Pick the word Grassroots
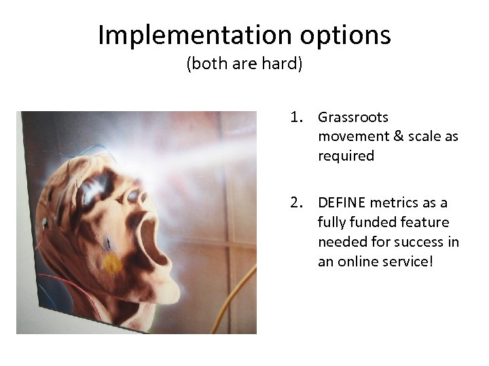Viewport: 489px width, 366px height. pyautogui.click(x=353, y=118)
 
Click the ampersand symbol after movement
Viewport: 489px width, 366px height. pyautogui.click(x=398, y=136)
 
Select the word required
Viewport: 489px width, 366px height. pyautogui.click(x=346, y=156)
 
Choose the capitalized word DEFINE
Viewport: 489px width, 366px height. pyautogui.click(x=342, y=203)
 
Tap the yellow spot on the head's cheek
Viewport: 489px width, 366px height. pyautogui.click(x=113, y=263)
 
